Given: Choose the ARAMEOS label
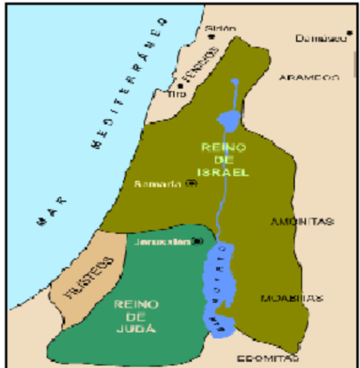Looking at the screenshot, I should point(309,77).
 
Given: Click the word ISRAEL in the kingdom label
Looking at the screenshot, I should point(228,172).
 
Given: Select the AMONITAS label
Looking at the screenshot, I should point(303,222).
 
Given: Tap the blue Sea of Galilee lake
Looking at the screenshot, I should point(229,118).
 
